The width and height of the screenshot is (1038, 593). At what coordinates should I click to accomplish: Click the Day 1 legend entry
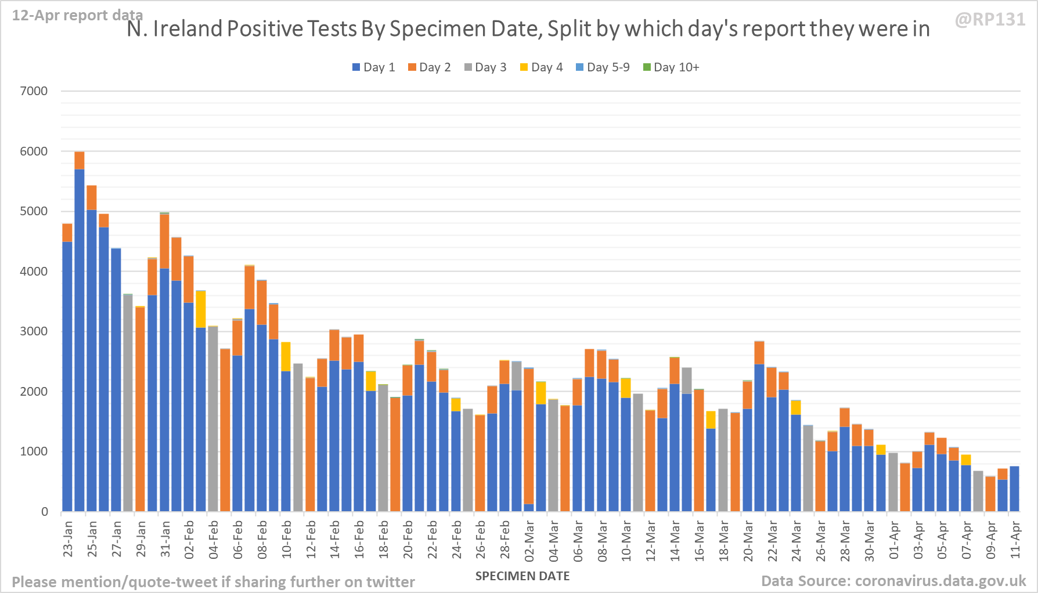click(x=373, y=67)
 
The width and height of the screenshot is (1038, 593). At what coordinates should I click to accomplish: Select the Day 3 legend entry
click(x=485, y=67)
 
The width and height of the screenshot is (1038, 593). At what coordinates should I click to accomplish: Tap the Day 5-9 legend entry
click(x=602, y=67)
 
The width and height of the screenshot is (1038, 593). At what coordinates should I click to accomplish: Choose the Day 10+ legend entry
click(x=671, y=67)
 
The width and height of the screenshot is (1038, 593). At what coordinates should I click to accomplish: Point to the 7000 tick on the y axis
click(x=34, y=91)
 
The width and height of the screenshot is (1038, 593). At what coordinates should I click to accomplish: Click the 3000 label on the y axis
click(x=34, y=331)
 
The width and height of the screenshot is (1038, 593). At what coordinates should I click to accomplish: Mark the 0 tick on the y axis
click(x=45, y=512)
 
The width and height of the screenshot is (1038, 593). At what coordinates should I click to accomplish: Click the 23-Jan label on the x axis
click(x=68, y=539)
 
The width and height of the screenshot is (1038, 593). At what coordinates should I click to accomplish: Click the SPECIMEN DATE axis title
click(x=522, y=576)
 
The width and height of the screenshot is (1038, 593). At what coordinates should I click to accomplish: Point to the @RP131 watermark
click(x=990, y=20)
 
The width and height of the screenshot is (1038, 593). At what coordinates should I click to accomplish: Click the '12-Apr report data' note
click(x=77, y=15)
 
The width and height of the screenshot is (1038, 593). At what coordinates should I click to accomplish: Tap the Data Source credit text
click(x=893, y=581)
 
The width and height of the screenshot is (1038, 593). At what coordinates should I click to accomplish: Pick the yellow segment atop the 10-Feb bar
click(x=286, y=356)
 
